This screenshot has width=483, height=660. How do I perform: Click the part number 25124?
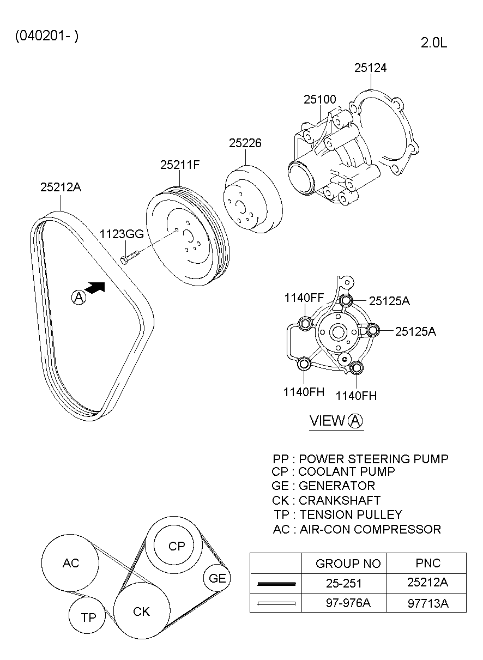[x=370, y=68]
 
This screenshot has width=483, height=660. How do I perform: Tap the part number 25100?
[x=319, y=100]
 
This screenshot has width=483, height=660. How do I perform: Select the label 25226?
[x=245, y=143]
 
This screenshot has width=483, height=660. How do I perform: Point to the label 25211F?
[x=179, y=165]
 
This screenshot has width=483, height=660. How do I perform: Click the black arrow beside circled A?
[x=95, y=288]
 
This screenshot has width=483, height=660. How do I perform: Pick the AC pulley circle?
[x=71, y=563]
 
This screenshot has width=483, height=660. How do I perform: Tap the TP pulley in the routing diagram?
[x=88, y=617]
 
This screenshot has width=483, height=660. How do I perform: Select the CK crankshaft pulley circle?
[x=141, y=611]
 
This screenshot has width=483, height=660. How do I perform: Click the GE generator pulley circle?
[x=217, y=578]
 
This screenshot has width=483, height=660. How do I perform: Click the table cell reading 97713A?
[x=427, y=603]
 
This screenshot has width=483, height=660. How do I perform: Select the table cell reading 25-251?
[x=343, y=583]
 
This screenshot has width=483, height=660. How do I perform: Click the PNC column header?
[x=427, y=563]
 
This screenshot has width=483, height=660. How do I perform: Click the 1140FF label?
[x=304, y=298]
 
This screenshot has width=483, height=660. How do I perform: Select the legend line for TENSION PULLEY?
[x=338, y=514]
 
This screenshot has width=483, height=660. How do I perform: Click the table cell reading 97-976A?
[x=343, y=603]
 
